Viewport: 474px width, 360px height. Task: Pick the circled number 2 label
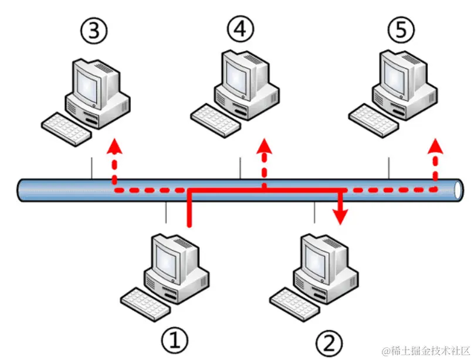[328, 341]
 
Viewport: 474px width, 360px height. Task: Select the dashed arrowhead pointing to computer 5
[435, 145]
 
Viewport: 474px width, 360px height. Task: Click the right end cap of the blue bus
[457, 190]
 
